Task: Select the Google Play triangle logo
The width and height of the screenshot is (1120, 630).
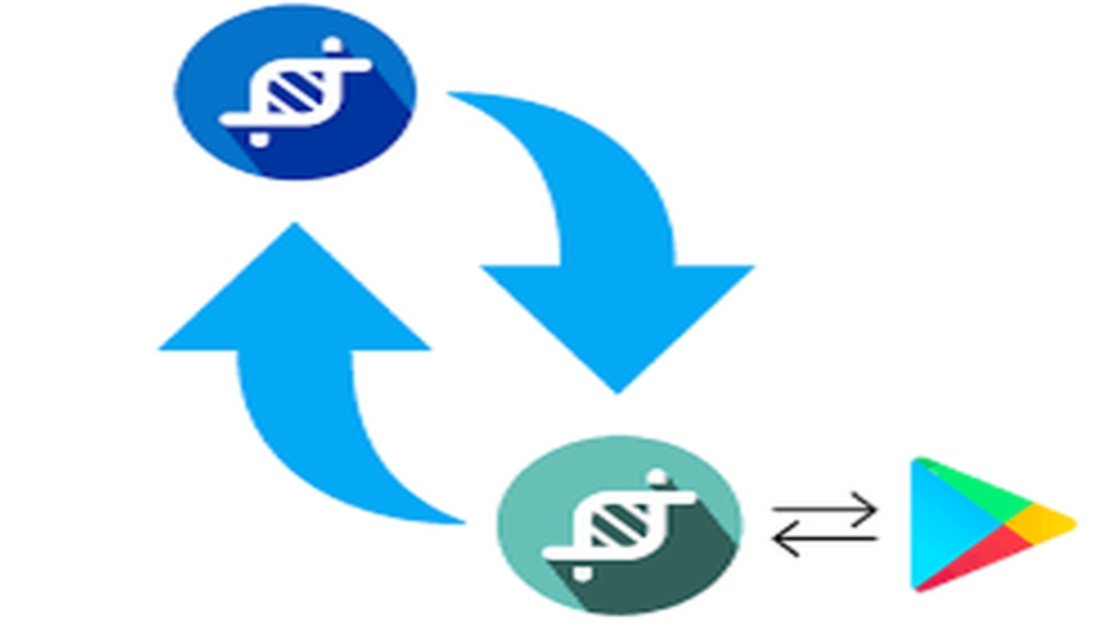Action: point(980,525)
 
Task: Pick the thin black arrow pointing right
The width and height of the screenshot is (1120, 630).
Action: point(825,510)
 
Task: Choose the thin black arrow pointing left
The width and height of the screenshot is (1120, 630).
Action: point(825,538)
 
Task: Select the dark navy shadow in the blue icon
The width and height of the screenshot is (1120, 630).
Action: point(364,140)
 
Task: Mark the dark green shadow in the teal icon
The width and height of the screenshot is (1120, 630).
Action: point(686,569)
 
